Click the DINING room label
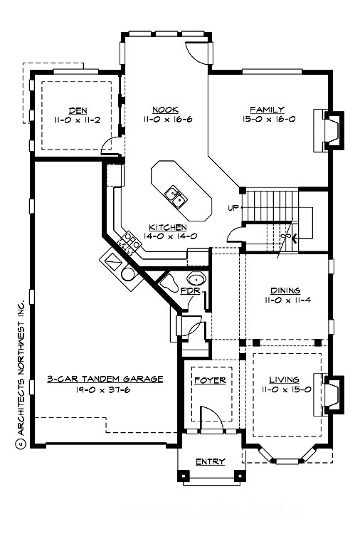pos(285,290)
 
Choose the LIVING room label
pos(285,379)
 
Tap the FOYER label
pos(210,380)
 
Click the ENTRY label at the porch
pos(210,461)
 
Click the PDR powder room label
pos(189,291)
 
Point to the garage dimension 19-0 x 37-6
pos(105,390)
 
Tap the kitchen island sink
pos(173,193)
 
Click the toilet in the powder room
pos(169,283)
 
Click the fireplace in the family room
pos(331,130)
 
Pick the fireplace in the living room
pos(331,394)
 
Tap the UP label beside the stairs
pos(232,208)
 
